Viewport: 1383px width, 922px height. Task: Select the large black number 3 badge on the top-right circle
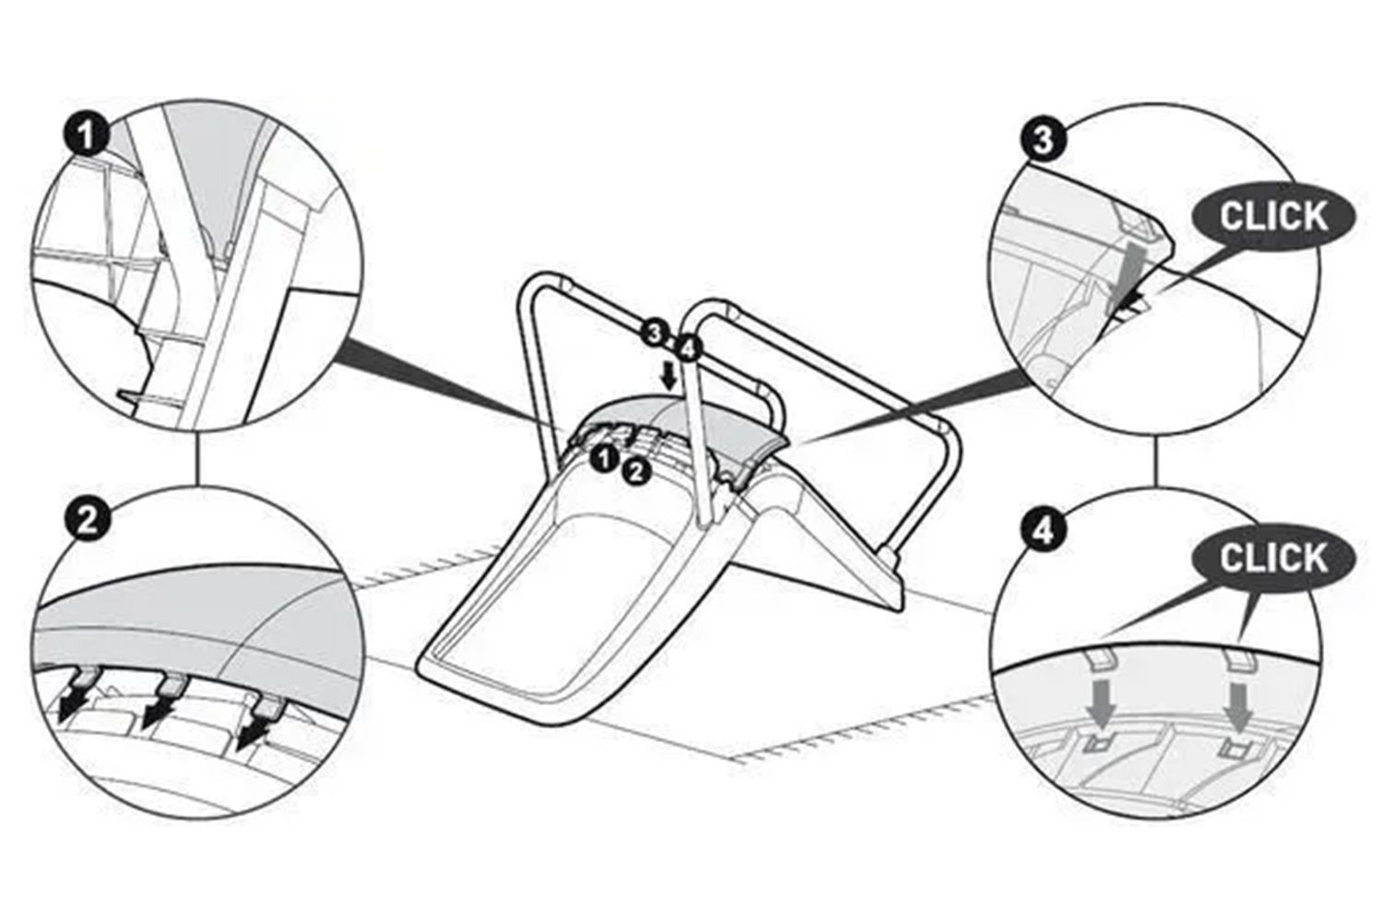click(1043, 141)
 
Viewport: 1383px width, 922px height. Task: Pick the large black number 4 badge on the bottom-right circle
click(1043, 530)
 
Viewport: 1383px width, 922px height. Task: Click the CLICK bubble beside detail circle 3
click(1274, 217)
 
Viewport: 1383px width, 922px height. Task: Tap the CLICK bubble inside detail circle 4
click(1274, 558)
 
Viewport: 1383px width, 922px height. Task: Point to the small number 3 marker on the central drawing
click(655, 334)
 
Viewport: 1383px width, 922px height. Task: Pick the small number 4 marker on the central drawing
click(687, 350)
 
